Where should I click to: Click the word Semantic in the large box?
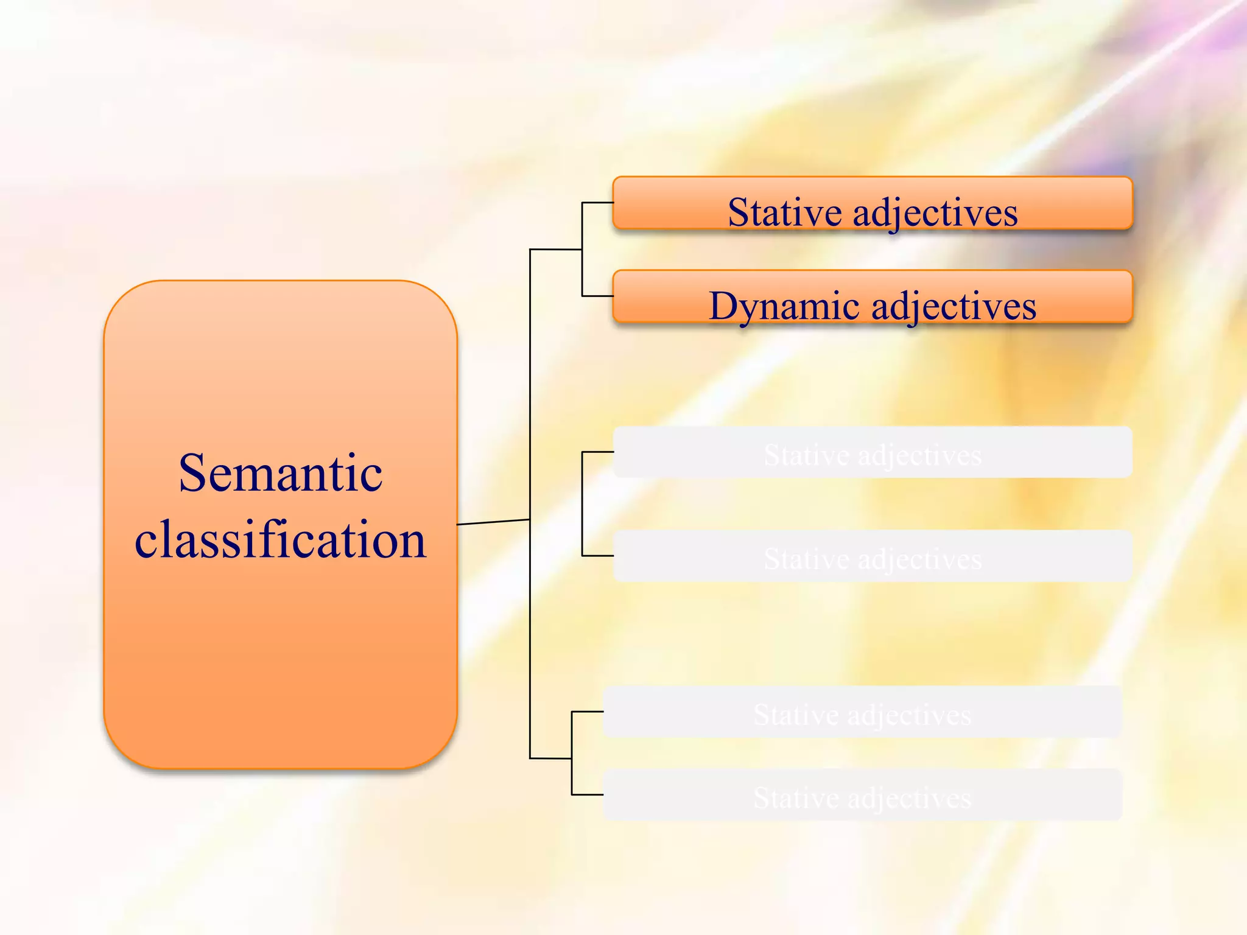[x=280, y=474]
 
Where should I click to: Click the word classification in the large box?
[x=280, y=540]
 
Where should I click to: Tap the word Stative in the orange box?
[x=785, y=212]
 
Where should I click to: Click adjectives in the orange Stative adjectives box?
[x=935, y=212]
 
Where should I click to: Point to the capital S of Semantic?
[x=194, y=474]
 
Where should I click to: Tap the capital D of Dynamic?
[x=724, y=306]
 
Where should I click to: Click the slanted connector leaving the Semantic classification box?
[x=493, y=522]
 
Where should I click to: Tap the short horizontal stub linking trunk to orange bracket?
[x=555, y=250]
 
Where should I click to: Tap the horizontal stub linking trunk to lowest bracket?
[x=550, y=758]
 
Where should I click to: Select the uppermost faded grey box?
[x=872, y=453]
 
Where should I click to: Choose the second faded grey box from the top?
[x=872, y=556]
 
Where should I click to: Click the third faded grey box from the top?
[x=862, y=712]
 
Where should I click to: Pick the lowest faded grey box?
[x=862, y=795]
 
